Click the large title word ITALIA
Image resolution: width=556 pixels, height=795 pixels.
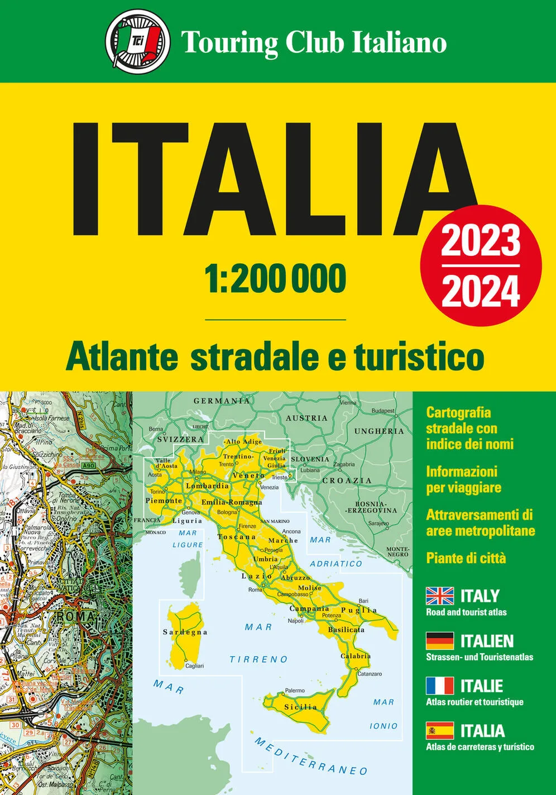point(274,178)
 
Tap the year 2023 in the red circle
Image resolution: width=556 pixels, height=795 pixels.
point(481,241)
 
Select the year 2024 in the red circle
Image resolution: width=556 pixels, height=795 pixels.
point(481,291)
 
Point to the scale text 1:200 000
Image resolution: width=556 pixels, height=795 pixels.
point(276,280)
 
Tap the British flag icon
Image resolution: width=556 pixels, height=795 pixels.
point(440,596)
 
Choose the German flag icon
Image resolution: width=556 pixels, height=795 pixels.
point(440,641)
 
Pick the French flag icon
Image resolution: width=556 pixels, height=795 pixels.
point(440,685)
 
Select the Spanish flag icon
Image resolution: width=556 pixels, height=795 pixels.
point(440,730)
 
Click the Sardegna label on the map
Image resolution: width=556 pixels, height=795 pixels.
point(185,632)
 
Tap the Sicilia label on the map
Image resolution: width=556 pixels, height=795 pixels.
point(300,707)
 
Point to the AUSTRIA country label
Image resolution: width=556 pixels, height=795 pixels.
point(306,418)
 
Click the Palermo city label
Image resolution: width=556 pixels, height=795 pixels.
point(295,691)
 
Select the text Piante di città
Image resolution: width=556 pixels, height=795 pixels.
point(466,558)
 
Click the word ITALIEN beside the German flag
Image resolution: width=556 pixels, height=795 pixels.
point(487,641)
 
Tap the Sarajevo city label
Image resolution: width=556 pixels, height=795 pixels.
point(378,523)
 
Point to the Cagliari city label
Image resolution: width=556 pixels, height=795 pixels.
point(195,666)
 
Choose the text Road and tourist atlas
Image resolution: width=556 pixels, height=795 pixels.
point(466,612)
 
